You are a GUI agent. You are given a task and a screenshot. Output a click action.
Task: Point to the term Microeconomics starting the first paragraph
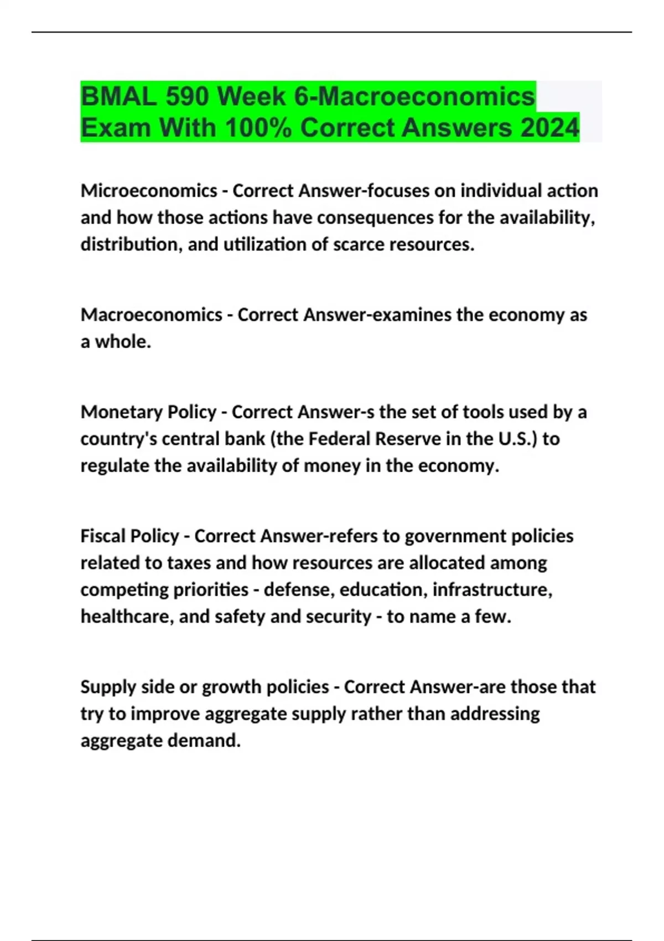(x=149, y=190)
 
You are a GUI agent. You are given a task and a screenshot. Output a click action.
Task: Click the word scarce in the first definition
(x=359, y=244)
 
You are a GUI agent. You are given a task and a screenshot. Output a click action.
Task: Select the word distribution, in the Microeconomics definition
(x=131, y=244)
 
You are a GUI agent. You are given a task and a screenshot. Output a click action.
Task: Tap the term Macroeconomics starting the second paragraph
(x=151, y=314)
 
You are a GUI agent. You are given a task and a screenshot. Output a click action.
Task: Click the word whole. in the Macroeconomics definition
(x=123, y=342)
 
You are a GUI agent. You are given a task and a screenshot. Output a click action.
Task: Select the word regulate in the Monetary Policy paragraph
(x=115, y=466)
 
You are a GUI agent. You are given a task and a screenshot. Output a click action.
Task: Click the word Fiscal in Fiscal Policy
(x=103, y=536)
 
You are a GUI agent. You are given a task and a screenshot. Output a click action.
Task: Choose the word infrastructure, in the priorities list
(x=492, y=590)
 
